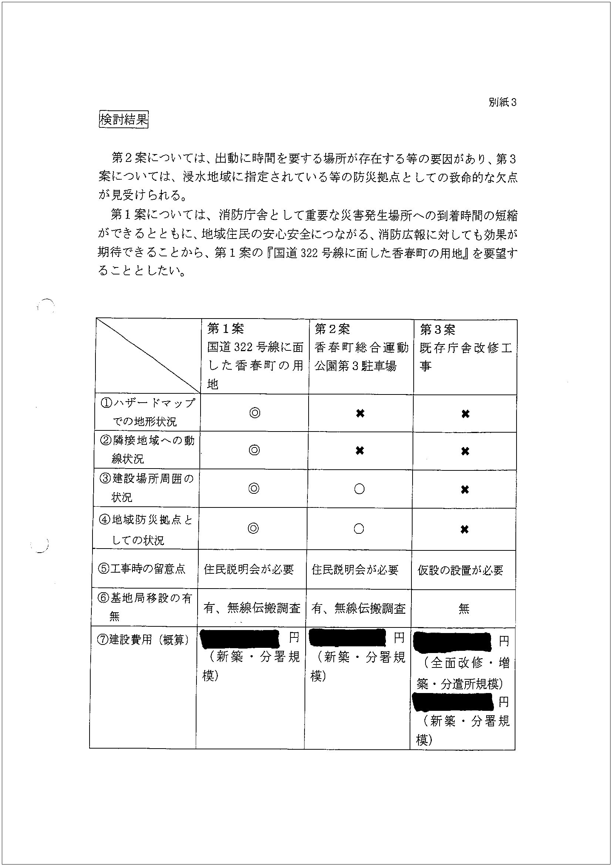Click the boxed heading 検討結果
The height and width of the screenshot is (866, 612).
[x=123, y=120]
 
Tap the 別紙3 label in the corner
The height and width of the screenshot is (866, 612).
[x=502, y=102]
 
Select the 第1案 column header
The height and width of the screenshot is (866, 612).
[x=226, y=329]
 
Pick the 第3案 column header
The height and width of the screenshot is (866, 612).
[x=437, y=330]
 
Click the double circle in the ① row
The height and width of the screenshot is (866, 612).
[x=255, y=413]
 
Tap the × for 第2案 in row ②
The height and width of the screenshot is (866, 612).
[x=360, y=450]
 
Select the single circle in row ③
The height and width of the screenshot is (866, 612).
[x=360, y=489]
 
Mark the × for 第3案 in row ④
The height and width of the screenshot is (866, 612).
[x=465, y=530]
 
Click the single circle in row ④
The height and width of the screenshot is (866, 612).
[x=359, y=529]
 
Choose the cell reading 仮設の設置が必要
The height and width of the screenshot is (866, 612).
[x=460, y=570]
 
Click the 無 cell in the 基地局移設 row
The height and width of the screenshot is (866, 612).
[x=464, y=609]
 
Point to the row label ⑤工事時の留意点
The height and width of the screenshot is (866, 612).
[x=142, y=569]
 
